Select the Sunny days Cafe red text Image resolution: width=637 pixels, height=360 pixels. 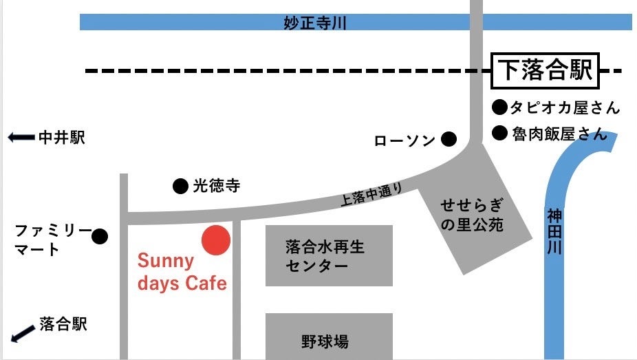coord(182,272)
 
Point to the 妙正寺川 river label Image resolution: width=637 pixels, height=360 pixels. coord(314,23)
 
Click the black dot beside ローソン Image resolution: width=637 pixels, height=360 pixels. coord(449,140)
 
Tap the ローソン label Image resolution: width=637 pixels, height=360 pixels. coord(404,140)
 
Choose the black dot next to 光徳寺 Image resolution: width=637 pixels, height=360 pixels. coord(180,186)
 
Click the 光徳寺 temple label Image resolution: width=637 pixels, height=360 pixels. coord(216,186)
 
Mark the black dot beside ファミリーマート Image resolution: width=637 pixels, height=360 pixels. coord(100,237)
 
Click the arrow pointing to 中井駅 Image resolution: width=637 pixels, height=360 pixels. coord(21,138)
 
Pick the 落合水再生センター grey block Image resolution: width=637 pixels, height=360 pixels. coord(329,255)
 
